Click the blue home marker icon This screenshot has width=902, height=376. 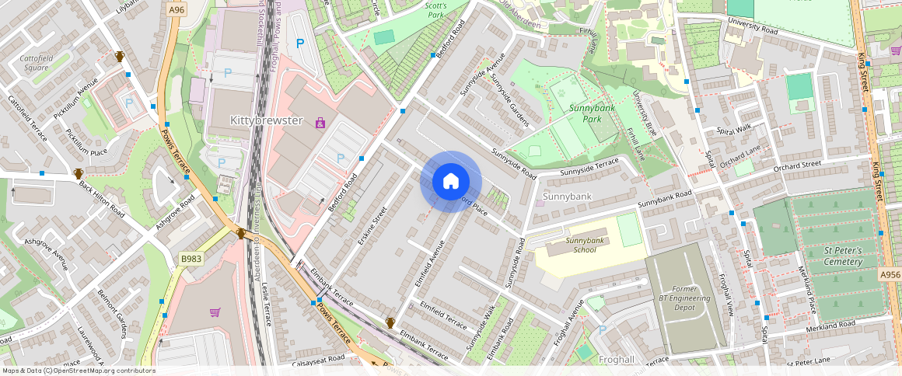[x=450, y=182]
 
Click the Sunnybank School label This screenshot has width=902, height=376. [x=584, y=245]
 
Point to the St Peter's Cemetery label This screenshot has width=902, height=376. [x=843, y=256]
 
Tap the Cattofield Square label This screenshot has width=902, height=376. [x=35, y=63]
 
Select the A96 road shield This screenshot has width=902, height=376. [x=177, y=9]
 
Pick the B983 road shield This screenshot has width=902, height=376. [x=191, y=258]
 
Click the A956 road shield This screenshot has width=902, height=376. [x=890, y=275]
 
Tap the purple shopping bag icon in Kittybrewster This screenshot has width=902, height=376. [x=320, y=123]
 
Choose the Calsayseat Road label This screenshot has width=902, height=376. [x=320, y=359]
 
